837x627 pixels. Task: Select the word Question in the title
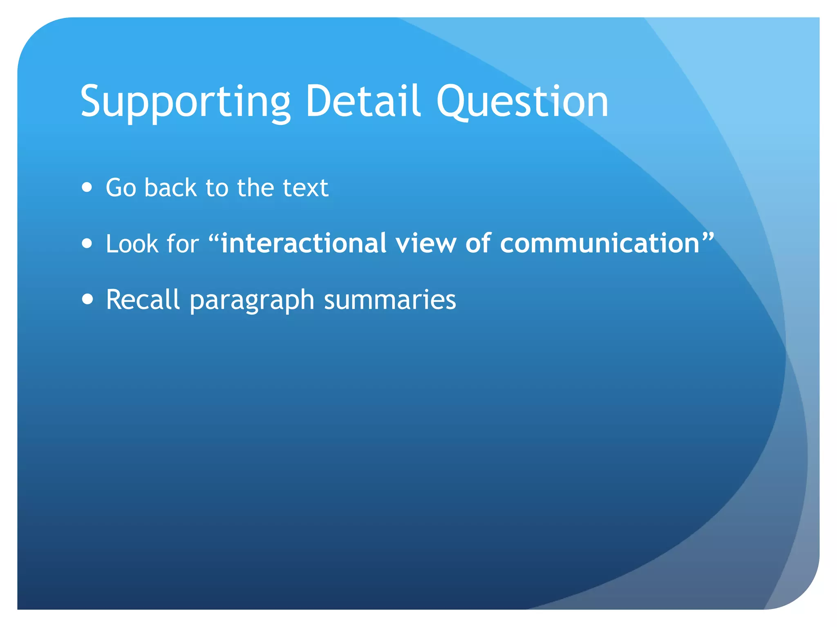tap(522, 102)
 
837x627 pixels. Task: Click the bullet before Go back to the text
tap(87, 187)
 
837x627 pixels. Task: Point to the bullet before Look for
tap(87, 244)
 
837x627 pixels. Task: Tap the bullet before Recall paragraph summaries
tap(87, 299)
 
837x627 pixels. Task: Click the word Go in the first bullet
tap(121, 188)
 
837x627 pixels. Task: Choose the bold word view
tap(425, 244)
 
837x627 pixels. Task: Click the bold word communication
tap(600, 244)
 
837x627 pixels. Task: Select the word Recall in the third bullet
tap(143, 300)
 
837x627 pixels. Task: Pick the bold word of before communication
tap(478, 244)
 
